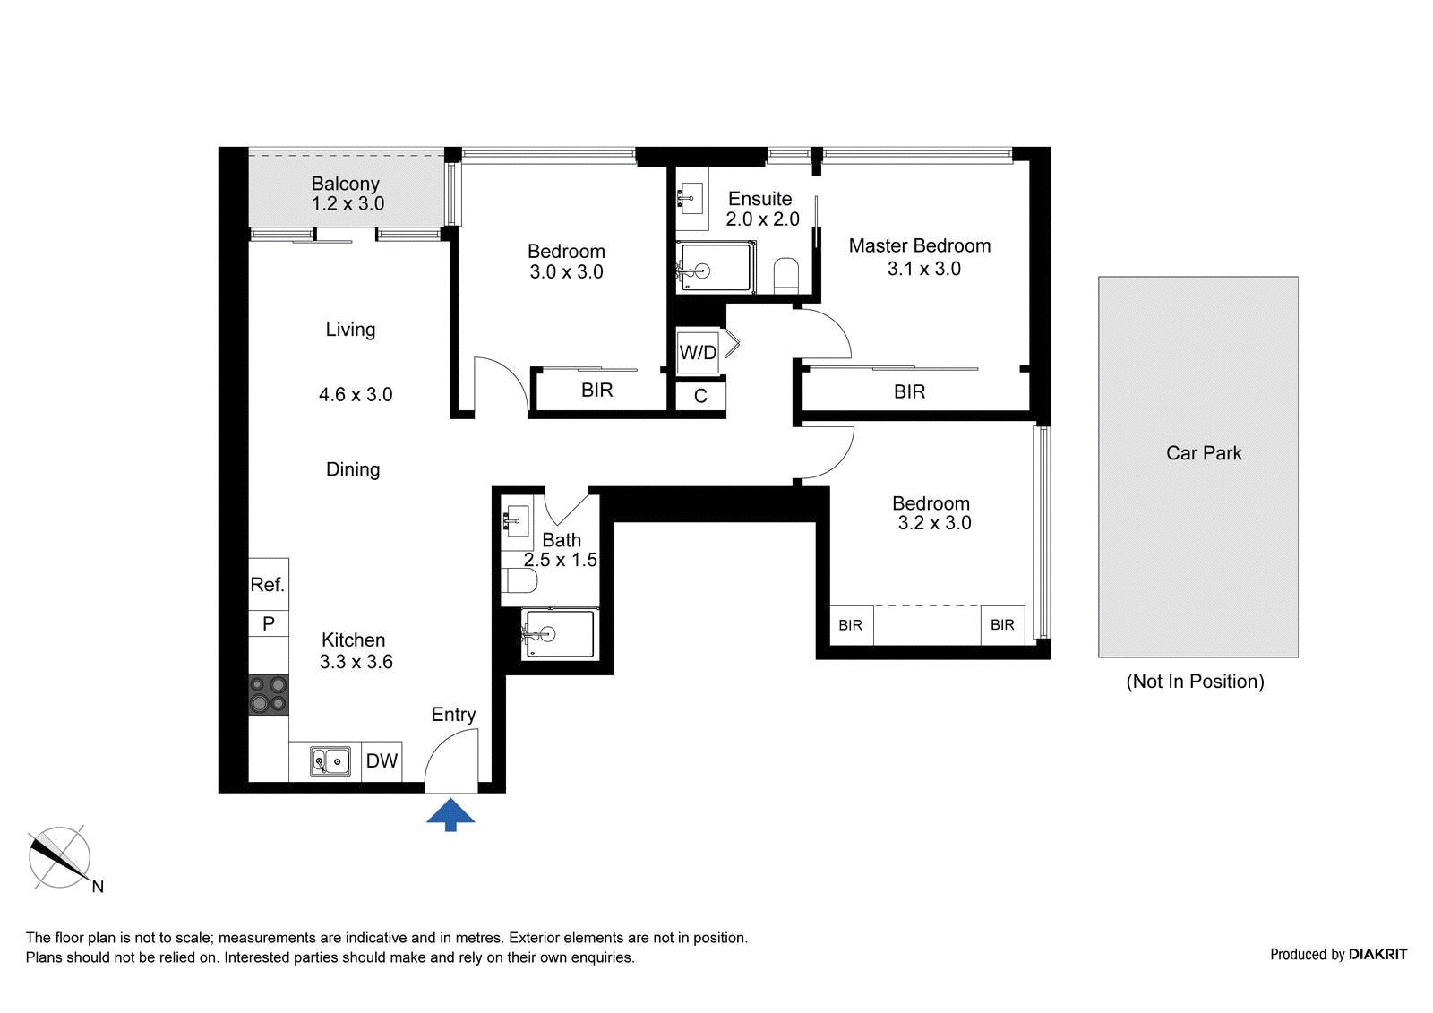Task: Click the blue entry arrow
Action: tap(450, 814)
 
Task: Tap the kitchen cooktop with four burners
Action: tap(269, 695)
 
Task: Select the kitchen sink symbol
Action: tap(330, 761)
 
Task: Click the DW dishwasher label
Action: tap(382, 761)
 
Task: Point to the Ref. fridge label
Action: tap(268, 584)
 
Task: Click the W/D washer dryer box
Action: tap(698, 352)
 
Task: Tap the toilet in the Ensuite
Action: tap(785, 276)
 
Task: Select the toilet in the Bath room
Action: tap(519, 581)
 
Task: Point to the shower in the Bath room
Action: tap(559, 633)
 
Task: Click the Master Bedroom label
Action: tap(919, 245)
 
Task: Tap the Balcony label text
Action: tap(346, 184)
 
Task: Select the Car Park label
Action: tap(1204, 453)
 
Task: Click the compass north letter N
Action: tap(98, 887)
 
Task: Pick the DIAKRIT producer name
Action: tap(1377, 954)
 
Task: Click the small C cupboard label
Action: tap(700, 396)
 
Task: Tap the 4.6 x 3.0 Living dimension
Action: tap(356, 394)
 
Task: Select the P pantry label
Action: tap(269, 623)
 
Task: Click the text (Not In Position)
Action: tap(1195, 681)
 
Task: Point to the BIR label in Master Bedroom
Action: tap(909, 391)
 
